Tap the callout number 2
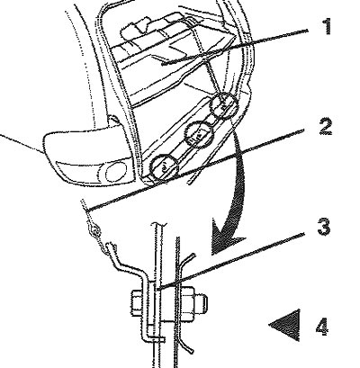pyautogui.click(x=325, y=127)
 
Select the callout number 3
pyautogui.click(x=323, y=227)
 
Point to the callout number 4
pyautogui.click(x=322, y=327)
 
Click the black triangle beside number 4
pyautogui.click(x=288, y=326)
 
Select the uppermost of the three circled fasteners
pyautogui.click(x=224, y=104)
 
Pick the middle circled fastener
pyautogui.click(x=198, y=134)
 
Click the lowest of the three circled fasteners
pyautogui.click(x=164, y=166)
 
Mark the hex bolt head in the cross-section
pyautogui.click(x=137, y=304)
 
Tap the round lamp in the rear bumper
pyautogui.click(x=116, y=173)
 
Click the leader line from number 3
pyautogui.click(x=231, y=260)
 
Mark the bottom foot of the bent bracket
pyautogui.click(x=154, y=338)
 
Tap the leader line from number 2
pyautogui.click(x=195, y=169)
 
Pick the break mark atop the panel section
pyautogui.click(x=159, y=224)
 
